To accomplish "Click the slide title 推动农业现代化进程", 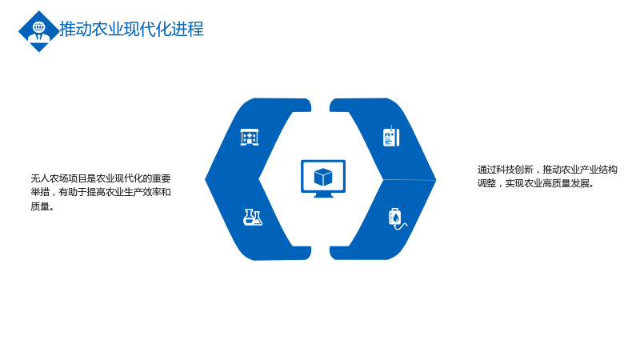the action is [131, 29].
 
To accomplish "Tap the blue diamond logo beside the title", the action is [39, 31].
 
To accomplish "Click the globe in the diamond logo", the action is [39, 27].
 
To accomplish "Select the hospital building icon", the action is [250, 137].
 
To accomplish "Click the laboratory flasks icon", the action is [253, 217].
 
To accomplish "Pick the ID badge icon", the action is [391, 136].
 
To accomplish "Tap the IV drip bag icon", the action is [397, 218].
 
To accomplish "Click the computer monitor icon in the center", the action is [323, 178].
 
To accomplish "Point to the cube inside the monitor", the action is [323, 177].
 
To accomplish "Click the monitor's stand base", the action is [323, 195].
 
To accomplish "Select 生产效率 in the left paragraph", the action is [142, 192].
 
